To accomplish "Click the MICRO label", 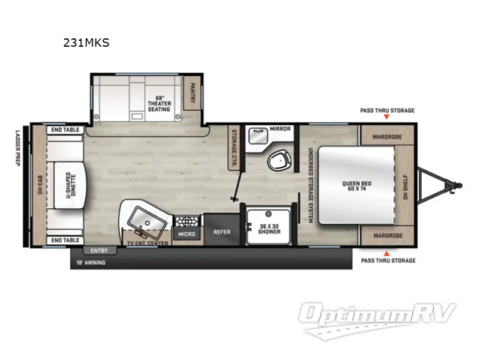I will coord(187,233).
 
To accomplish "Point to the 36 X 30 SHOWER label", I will coord(269,229).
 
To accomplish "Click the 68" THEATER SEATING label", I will coord(159,103).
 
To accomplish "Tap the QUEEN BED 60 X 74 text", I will coord(358,187).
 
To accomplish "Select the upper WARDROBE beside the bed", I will coord(386,136).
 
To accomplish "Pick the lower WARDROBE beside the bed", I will coord(386,236).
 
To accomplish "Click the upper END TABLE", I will coord(65,129).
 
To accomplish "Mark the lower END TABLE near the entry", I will coord(65,240).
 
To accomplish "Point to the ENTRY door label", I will coord(99,250).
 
